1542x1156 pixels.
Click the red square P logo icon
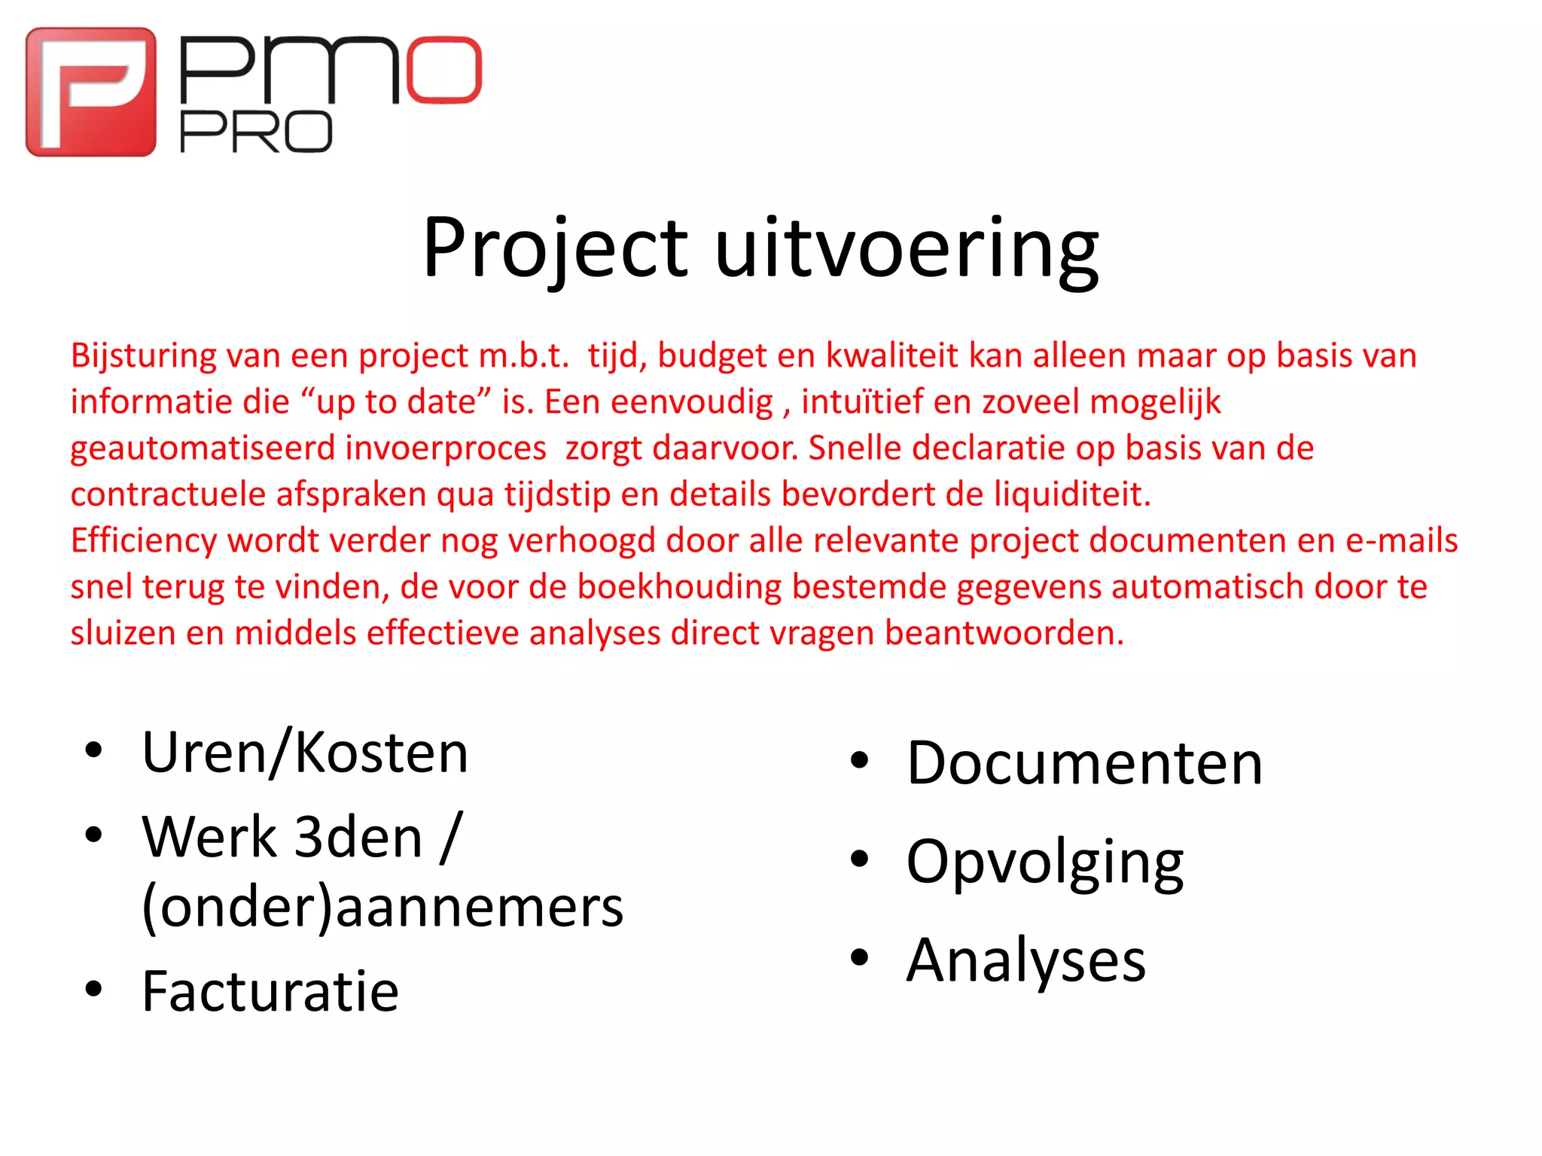point(91,92)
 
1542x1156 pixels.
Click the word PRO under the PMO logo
point(256,132)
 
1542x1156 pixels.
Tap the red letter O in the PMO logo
point(444,69)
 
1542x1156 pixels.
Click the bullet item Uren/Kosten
point(305,752)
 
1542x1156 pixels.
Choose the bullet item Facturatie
point(270,991)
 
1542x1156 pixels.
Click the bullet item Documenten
point(1084,763)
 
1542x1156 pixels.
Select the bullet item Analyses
point(1026,960)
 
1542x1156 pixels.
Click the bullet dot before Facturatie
point(93,989)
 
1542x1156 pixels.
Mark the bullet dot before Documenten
point(859,761)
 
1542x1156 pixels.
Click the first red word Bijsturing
point(143,355)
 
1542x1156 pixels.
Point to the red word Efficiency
point(144,541)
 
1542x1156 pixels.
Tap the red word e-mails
point(1401,540)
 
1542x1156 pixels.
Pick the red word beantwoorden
point(1004,633)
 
